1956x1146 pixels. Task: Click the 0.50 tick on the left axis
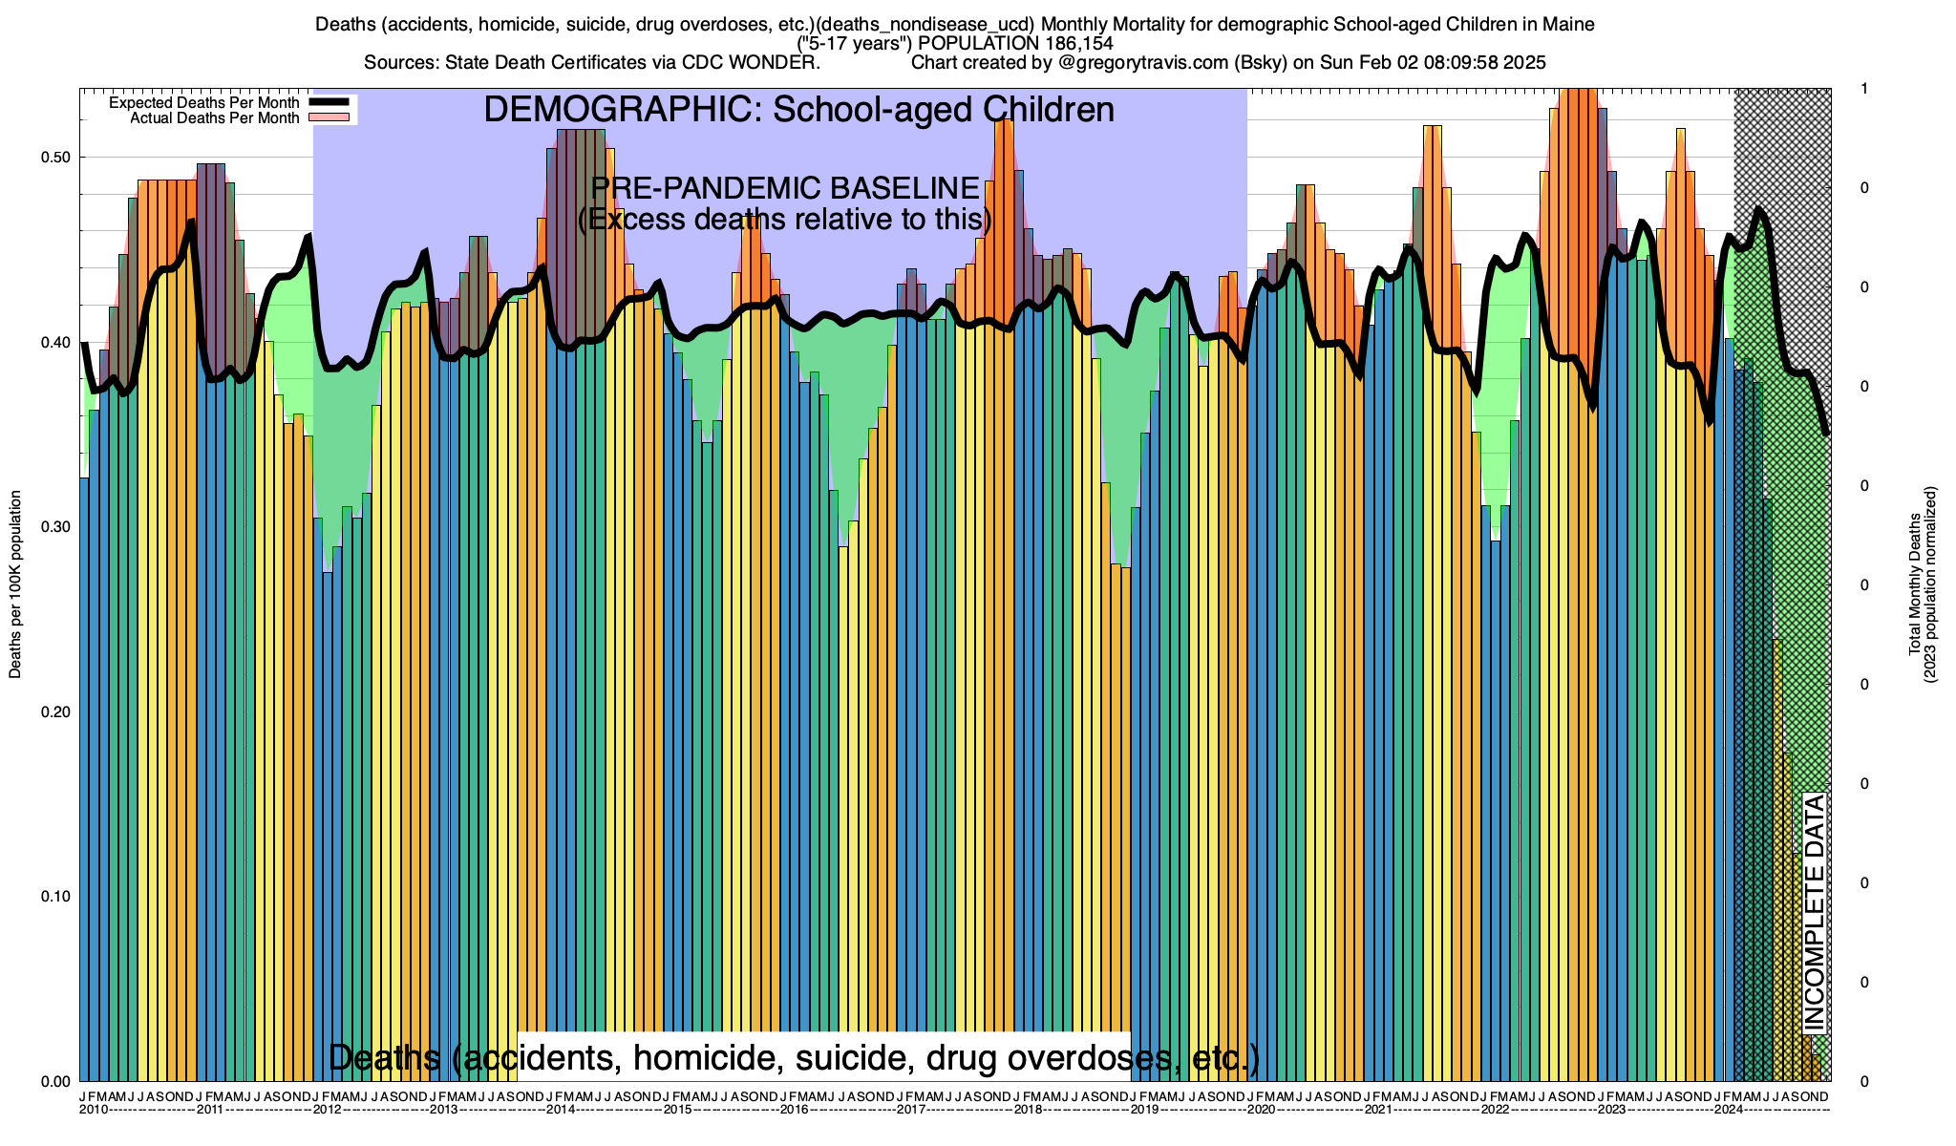[x=56, y=158]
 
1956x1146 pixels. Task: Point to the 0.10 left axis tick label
[x=56, y=897]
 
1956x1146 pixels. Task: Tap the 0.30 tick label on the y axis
[x=56, y=527]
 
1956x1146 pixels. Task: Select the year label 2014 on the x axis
[x=560, y=1110]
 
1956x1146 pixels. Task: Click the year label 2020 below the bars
[x=1261, y=1110]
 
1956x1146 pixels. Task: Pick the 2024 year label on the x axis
[x=1728, y=1110]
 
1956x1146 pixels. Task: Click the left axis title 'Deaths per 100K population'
[x=15, y=584]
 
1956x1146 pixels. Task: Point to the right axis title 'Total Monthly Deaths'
[x=1914, y=584]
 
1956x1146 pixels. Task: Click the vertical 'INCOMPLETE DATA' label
[x=1814, y=912]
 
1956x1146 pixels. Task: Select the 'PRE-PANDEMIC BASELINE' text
[x=785, y=188]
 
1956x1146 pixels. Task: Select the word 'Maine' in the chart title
[x=1567, y=25]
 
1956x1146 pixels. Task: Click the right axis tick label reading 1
[x=1864, y=89]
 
